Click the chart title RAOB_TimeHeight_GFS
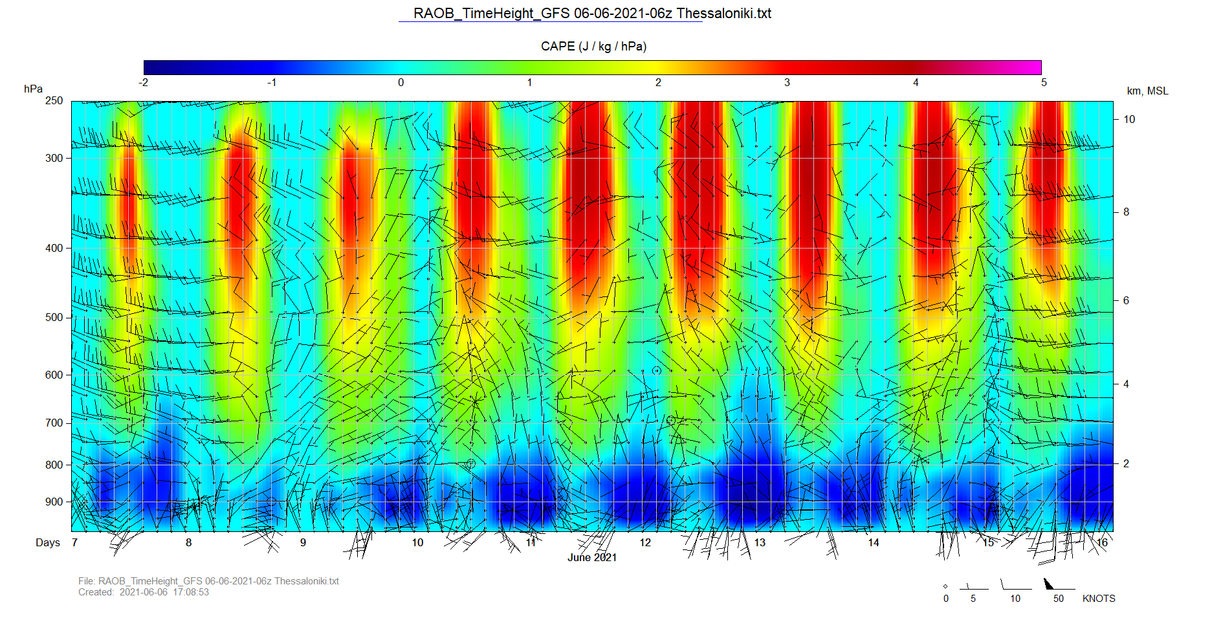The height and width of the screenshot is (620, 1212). [x=592, y=14]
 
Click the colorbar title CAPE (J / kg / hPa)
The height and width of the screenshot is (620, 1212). [x=593, y=47]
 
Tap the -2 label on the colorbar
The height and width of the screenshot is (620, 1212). [x=143, y=83]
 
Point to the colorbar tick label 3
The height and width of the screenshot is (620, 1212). [x=787, y=83]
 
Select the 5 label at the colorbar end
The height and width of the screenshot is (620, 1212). [x=1044, y=83]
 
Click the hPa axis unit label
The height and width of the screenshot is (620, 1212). [x=33, y=89]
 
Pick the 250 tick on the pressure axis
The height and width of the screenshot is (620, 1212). [x=54, y=101]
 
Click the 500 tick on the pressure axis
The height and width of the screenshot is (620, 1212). [x=54, y=318]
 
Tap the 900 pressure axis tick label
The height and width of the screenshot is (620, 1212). [x=54, y=502]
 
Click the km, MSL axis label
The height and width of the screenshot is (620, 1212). [x=1147, y=91]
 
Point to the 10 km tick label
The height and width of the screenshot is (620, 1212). [x=1129, y=120]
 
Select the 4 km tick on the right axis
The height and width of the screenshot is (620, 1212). [x=1126, y=384]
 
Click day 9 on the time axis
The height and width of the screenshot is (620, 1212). [x=303, y=543]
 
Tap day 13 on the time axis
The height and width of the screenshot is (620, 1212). [x=760, y=543]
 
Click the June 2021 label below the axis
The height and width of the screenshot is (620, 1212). [x=592, y=558]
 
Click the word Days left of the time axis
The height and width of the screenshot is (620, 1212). [x=48, y=543]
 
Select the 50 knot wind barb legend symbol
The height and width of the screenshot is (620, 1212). [x=1050, y=584]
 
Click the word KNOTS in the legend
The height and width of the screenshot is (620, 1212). [x=1099, y=599]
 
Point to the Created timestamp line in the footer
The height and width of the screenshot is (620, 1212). [x=144, y=592]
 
